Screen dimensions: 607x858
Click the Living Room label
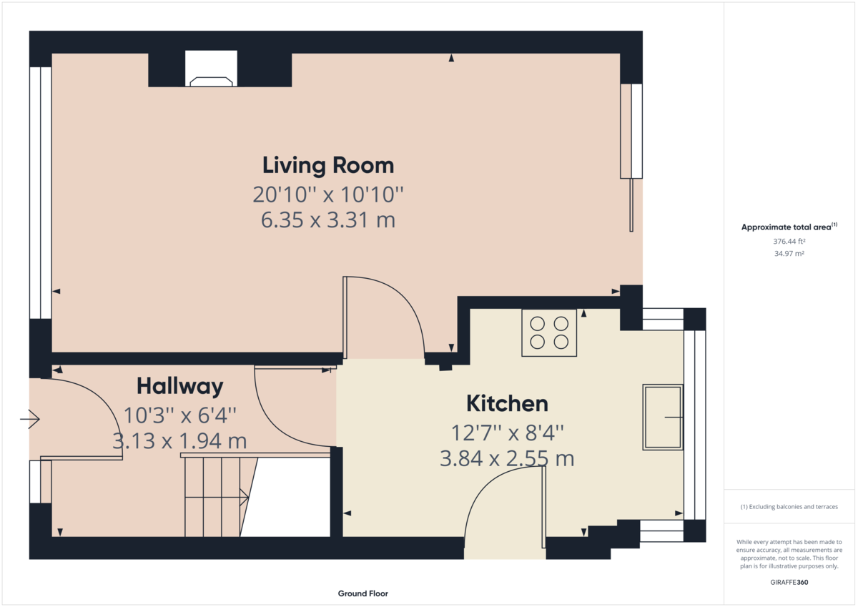[328, 165]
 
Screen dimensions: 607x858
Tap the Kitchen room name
[507, 403]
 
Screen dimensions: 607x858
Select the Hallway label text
[179, 387]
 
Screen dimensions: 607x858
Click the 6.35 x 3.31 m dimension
[328, 219]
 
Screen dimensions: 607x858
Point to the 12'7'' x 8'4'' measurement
[507, 432]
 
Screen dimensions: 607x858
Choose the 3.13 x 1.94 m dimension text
[179, 441]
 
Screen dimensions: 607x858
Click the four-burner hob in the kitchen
[549, 332]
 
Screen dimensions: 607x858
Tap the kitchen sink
[663, 417]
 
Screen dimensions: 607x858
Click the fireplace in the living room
[210, 69]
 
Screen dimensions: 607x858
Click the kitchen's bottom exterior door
[504, 515]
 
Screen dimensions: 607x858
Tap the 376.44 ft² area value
[789, 242]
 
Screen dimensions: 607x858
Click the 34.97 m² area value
[789, 254]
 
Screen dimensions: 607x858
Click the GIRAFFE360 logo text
[789, 582]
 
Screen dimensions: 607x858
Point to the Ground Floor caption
[363, 593]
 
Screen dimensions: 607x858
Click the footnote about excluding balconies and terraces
[789, 507]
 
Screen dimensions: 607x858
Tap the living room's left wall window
[40, 193]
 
